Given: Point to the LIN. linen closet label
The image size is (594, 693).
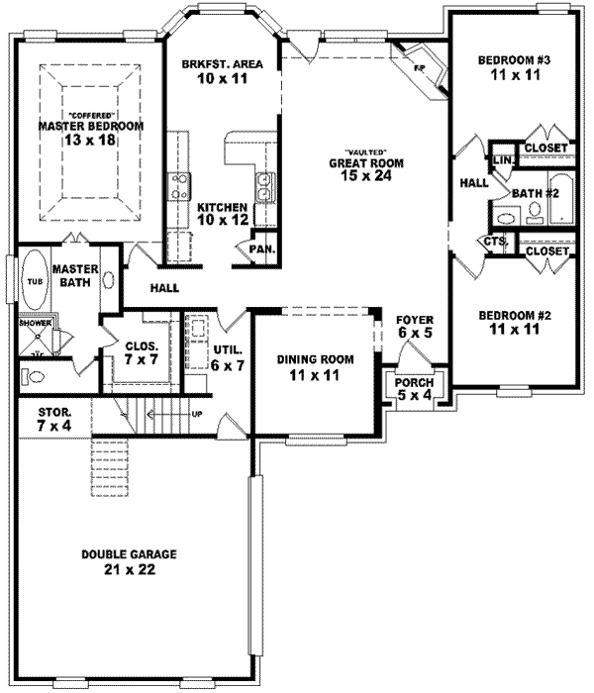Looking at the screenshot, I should click(x=501, y=158).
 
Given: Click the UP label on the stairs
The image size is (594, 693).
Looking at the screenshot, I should click(x=197, y=413).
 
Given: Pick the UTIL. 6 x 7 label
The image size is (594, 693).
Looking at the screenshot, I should click(x=226, y=358).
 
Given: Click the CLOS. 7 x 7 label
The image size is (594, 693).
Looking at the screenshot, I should click(x=139, y=353).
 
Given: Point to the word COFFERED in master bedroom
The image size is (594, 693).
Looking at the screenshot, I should click(x=90, y=115).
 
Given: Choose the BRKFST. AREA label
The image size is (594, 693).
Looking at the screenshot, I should click(x=222, y=64).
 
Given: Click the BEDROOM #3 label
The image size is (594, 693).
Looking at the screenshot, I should click(x=514, y=61).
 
